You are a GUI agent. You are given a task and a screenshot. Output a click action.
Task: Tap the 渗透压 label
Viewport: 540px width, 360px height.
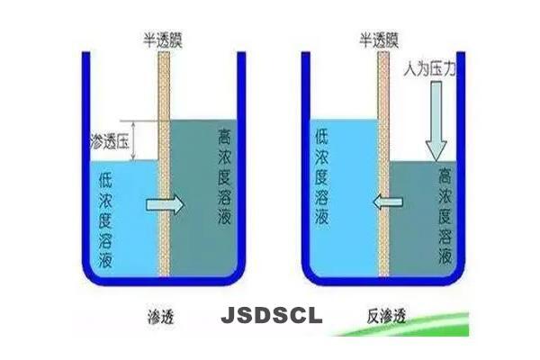pyautogui.click(x=110, y=142)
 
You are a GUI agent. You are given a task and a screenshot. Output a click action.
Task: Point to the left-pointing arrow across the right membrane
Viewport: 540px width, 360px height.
pyautogui.click(x=381, y=203)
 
